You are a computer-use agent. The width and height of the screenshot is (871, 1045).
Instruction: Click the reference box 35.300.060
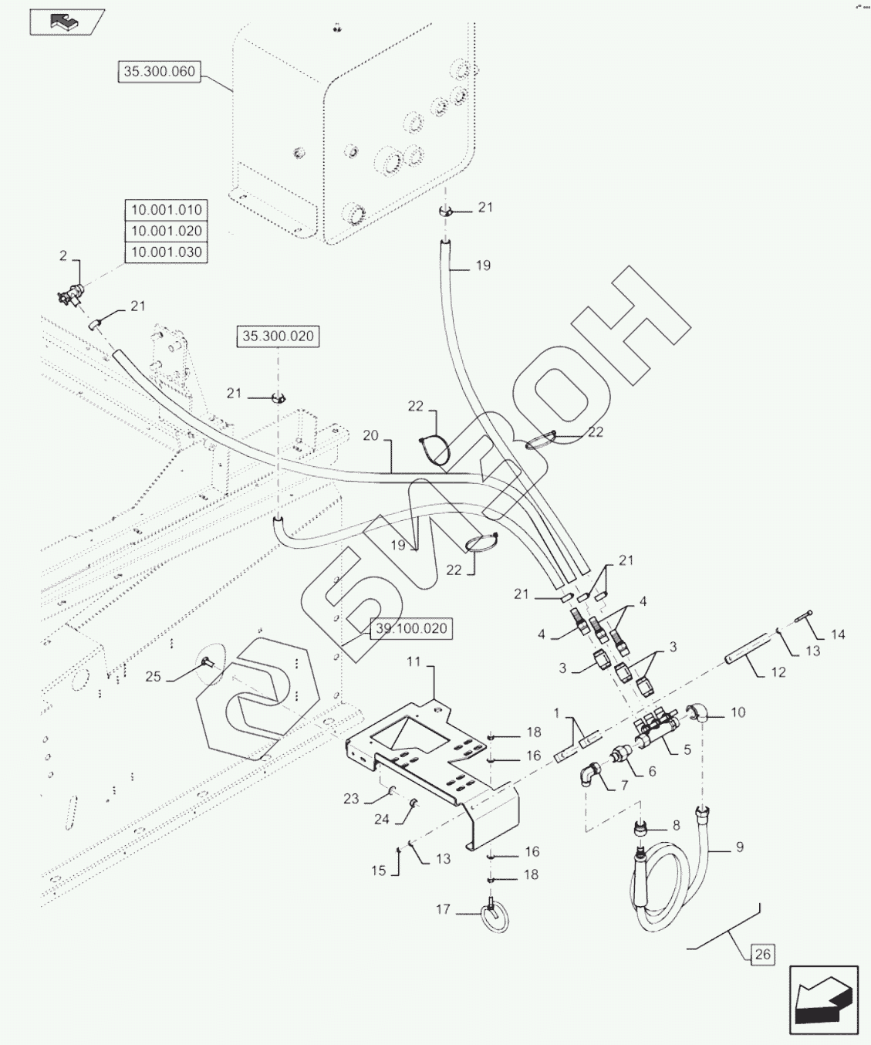coord(159,72)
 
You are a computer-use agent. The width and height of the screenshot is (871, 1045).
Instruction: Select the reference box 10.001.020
coord(166,231)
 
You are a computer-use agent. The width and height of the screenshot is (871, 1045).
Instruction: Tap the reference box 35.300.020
coord(278,336)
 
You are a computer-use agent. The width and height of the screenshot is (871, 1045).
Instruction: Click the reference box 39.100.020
coord(411,628)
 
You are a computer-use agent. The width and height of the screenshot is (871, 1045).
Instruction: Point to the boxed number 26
coord(762,954)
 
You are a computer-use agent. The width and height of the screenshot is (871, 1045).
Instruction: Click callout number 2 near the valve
coord(63,255)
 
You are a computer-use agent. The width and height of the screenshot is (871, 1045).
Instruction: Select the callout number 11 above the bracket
coord(414,661)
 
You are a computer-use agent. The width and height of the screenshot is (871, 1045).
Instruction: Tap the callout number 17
coord(444,909)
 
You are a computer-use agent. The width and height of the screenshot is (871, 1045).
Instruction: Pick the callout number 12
coord(778,672)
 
